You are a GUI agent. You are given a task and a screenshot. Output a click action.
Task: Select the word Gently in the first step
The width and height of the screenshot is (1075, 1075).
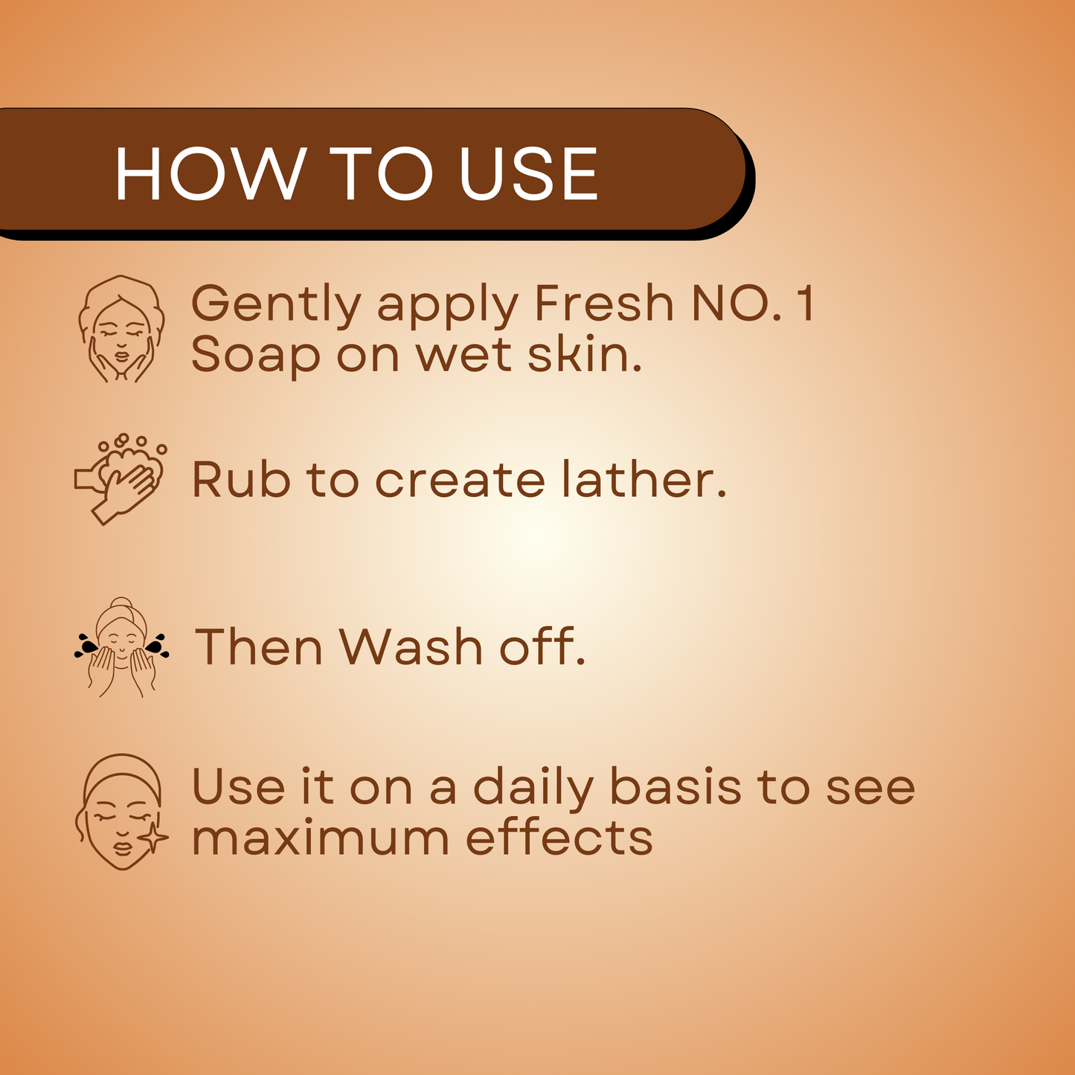click(x=276, y=306)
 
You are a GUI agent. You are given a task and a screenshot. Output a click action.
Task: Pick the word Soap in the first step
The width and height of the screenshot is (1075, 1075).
click(x=255, y=356)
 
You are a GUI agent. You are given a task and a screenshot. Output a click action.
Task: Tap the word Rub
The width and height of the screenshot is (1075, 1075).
click(x=241, y=478)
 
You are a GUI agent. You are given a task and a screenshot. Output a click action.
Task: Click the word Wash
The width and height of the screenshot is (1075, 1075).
click(x=411, y=646)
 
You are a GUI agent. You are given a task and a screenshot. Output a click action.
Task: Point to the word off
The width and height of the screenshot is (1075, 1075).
click(x=542, y=646)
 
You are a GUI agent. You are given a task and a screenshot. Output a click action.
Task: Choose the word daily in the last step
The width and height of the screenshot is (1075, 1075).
click(x=533, y=789)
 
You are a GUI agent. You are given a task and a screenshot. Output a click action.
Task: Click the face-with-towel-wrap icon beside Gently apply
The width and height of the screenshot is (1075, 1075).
click(x=121, y=328)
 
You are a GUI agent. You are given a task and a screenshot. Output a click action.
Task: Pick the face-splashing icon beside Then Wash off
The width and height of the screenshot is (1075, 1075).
click(x=121, y=647)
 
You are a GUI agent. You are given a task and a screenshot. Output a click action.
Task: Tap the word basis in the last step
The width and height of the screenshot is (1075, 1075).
click(x=676, y=786)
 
